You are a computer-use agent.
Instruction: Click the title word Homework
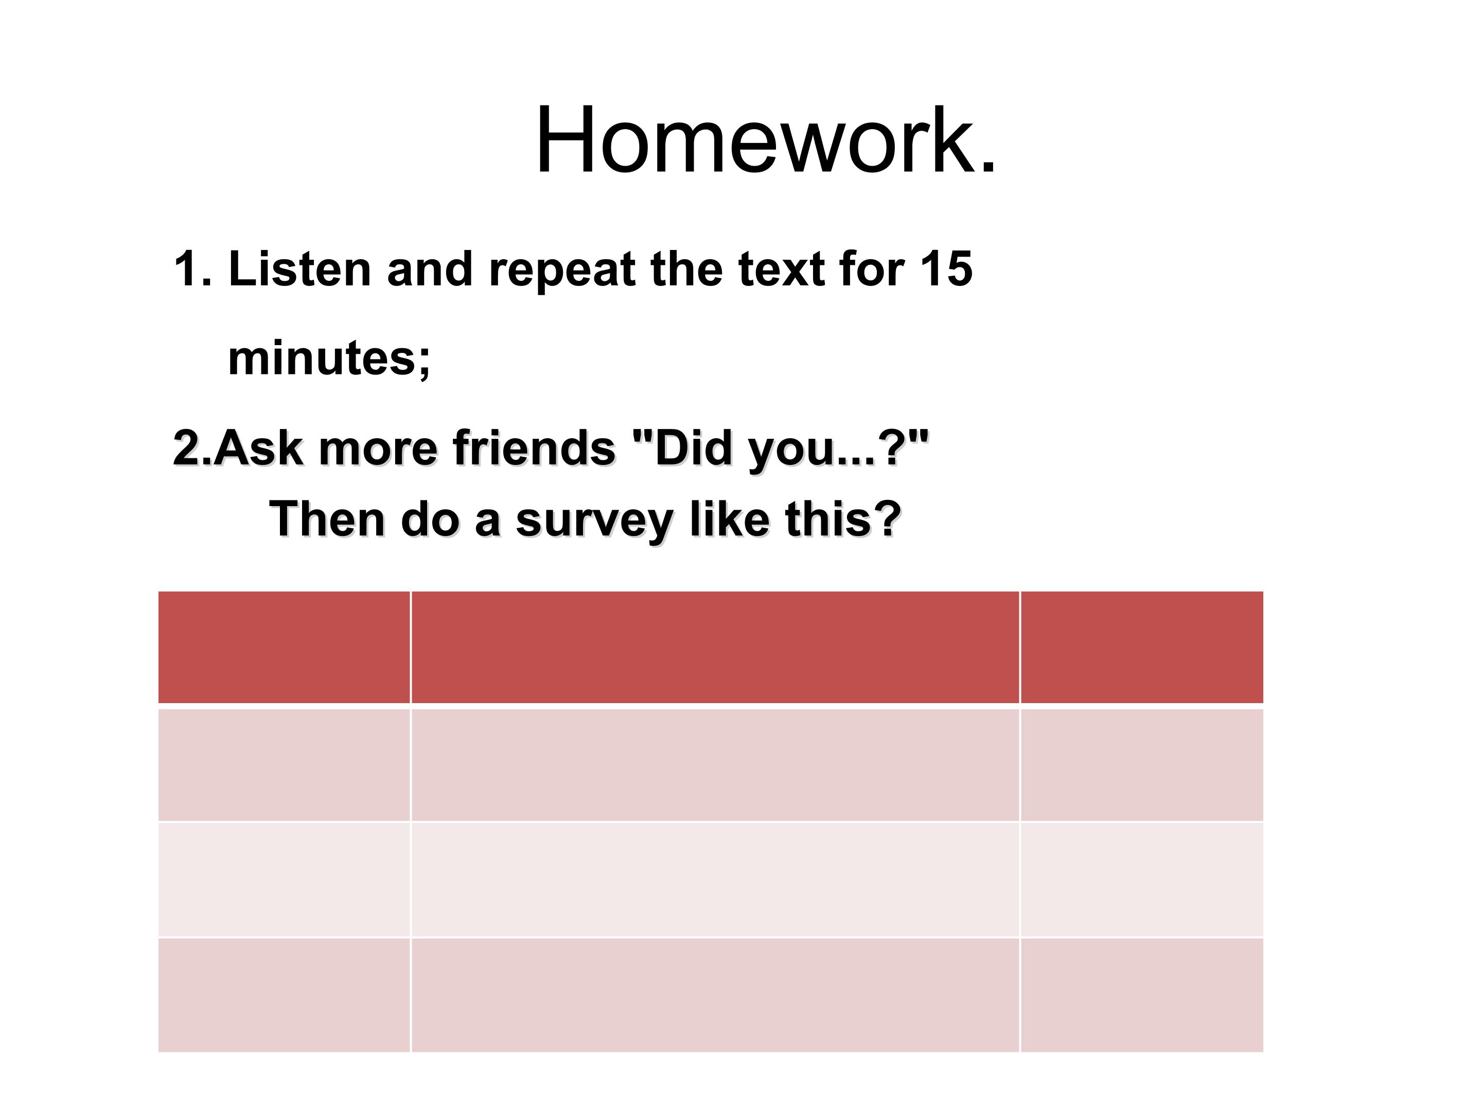(x=766, y=140)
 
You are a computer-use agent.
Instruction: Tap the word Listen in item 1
(x=299, y=269)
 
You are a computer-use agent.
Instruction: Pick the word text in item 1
(x=781, y=269)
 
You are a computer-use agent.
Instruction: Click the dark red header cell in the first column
(x=284, y=647)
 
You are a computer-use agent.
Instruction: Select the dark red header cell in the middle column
(x=715, y=647)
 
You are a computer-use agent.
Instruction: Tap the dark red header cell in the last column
(x=1142, y=647)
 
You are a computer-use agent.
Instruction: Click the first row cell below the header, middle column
(x=715, y=765)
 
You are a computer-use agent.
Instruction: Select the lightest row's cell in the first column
(x=284, y=880)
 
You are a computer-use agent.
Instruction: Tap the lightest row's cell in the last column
(x=1142, y=880)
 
